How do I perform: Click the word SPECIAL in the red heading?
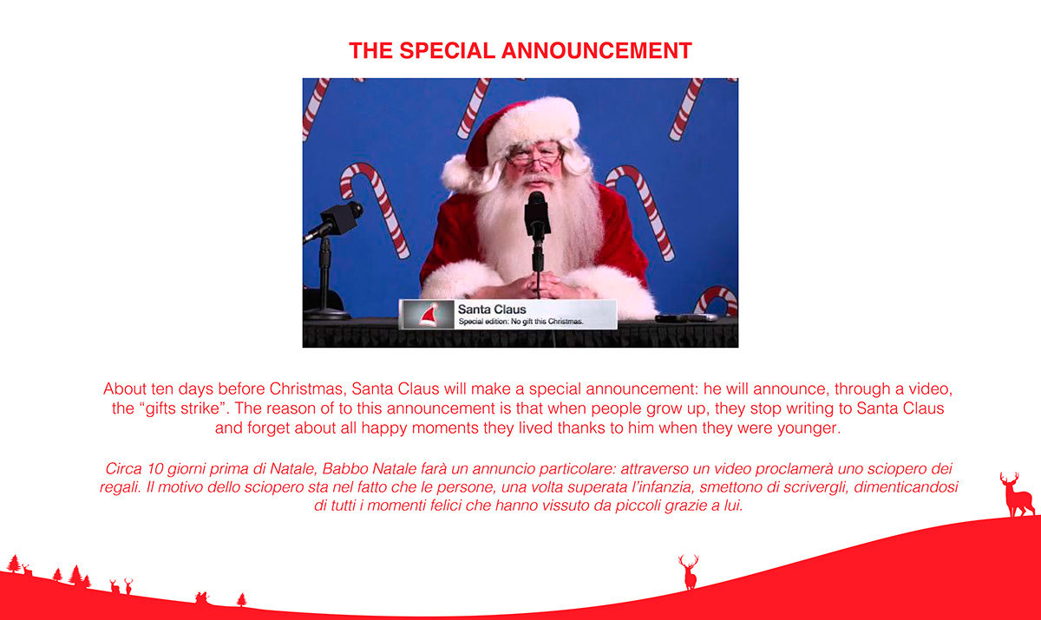click(x=447, y=50)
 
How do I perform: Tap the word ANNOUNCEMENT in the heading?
click(x=597, y=50)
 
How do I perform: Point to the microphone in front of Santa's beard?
click(x=537, y=213)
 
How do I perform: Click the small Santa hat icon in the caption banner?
click(x=429, y=315)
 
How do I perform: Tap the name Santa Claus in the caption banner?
click(x=492, y=310)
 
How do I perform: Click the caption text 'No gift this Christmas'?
click(x=547, y=322)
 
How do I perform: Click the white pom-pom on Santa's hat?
click(x=458, y=173)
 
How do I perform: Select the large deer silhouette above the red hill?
click(x=1018, y=494)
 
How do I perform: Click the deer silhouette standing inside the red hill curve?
click(x=689, y=571)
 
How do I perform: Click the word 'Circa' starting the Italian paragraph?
click(x=123, y=468)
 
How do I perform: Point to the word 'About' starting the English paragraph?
click(x=125, y=388)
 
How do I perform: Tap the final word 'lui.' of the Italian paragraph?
click(x=733, y=506)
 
